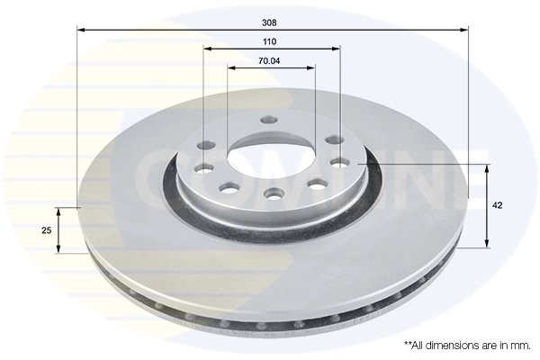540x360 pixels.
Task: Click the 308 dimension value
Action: [x=269, y=23]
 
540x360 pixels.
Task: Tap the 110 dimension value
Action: [x=269, y=42]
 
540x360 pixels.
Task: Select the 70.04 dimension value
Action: [x=269, y=61]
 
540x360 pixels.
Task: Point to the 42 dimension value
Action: [x=498, y=206]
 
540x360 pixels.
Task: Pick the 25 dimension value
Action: [x=47, y=230]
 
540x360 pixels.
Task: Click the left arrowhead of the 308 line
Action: [x=81, y=31]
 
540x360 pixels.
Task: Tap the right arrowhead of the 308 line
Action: [x=464, y=31]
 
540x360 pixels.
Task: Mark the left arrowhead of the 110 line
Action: [x=207, y=49]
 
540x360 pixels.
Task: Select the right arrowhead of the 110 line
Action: [x=336, y=49]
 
